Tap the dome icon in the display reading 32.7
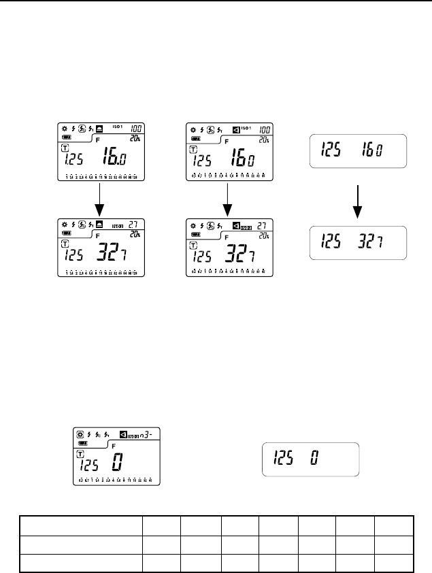point(99,225)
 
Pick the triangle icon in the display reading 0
point(123,433)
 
